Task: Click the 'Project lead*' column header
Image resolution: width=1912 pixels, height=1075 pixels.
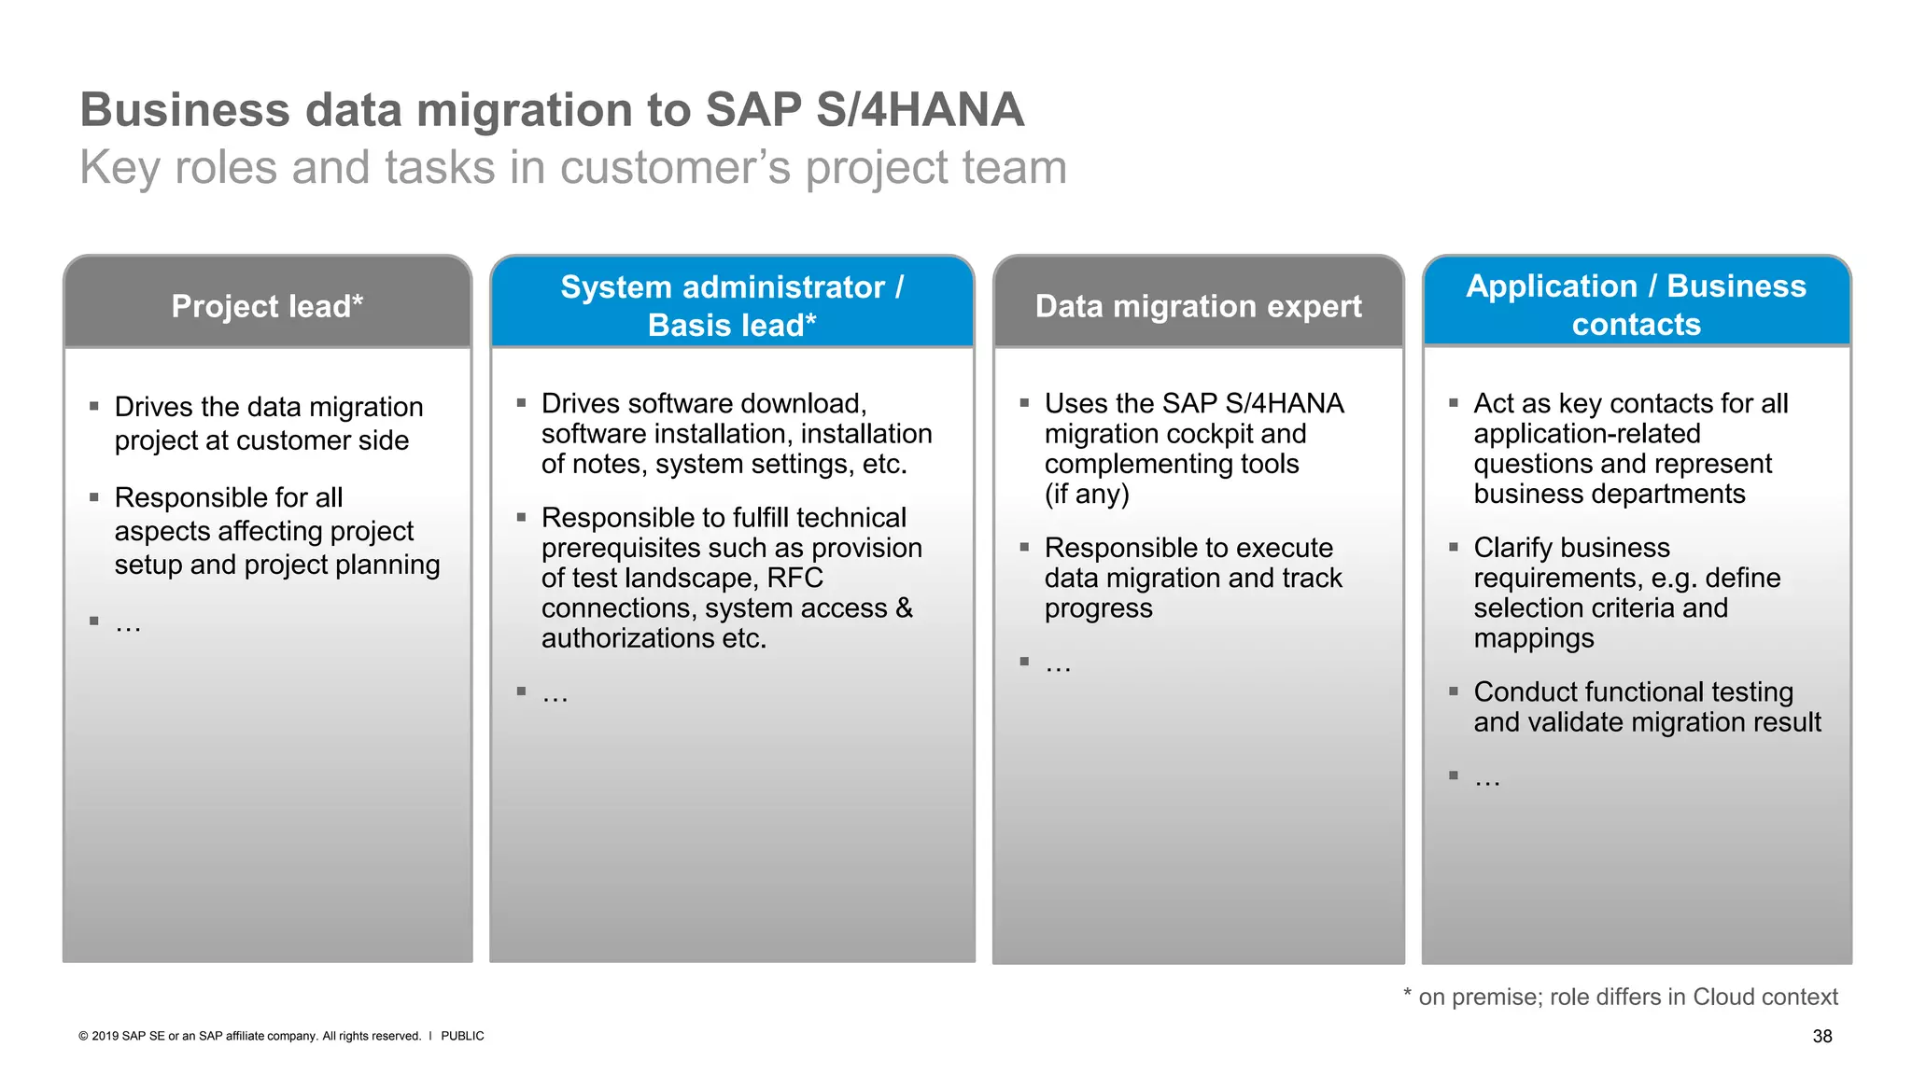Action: click(267, 306)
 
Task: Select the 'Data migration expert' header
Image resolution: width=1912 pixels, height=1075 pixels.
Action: click(1198, 306)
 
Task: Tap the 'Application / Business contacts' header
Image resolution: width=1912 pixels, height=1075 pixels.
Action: click(1636, 305)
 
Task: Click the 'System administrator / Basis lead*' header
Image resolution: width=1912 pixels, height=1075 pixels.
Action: click(732, 306)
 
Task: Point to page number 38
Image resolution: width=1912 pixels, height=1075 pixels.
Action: click(1821, 1036)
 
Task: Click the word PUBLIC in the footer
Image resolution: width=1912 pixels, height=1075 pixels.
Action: click(462, 1036)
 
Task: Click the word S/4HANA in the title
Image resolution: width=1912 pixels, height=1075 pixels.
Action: click(920, 110)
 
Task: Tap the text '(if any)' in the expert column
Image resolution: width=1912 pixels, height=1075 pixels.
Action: click(1087, 494)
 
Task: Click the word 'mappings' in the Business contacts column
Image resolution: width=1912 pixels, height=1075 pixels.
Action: click(1533, 638)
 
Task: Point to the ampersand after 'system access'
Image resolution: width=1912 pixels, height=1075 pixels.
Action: click(904, 607)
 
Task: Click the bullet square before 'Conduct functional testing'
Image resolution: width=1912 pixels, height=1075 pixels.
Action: click(1453, 691)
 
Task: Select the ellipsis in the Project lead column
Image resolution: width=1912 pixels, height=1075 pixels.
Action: click(128, 623)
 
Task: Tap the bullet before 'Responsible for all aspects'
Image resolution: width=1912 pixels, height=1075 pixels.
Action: click(93, 497)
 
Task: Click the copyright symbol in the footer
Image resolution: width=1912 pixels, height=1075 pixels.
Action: click(83, 1036)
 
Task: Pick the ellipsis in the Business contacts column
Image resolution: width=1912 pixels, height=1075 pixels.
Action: click(1486, 778)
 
